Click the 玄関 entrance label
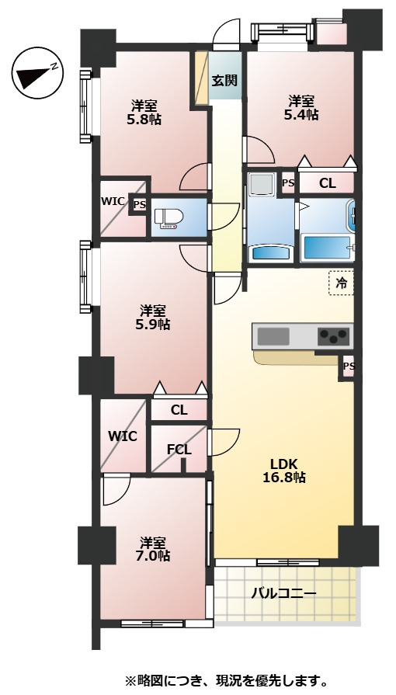pyautogui.click(x=224, y=81)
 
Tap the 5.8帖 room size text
pyautogui.click(x=144, y=120)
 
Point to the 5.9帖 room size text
pyautogui.click(x=153, y=324)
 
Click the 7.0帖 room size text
pyautogui.click(x=153, y=555)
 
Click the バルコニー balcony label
pyautogui.click(x=284, y=593)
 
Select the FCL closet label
pyautogui.click(x=179, y=450)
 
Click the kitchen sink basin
pyautogui.click(x=273, y=336)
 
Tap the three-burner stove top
pyautogui.click(x=334, y=336)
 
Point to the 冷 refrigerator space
pyautogui.click(x=341, y=283)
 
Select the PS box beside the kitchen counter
pyautogui.click(x=348, y=367)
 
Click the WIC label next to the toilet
pyautogui.click(x=113, y=201)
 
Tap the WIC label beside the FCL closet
pyautogui.click(x=123, y=436)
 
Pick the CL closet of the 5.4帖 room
pyautogui.click(x=327, y=183)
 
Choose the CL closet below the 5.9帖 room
pyautogui.click(x=179, y=411)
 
